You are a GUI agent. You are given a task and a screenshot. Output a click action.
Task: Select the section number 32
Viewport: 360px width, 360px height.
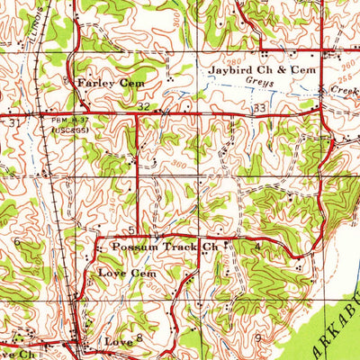pos(143,106)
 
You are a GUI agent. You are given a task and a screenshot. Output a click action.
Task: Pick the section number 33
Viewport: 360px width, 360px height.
pos(260,108)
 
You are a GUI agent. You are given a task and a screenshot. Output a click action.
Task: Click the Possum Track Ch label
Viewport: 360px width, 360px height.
pos(157,246)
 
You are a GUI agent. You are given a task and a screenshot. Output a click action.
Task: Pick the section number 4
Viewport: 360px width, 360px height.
pos(258,245)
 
